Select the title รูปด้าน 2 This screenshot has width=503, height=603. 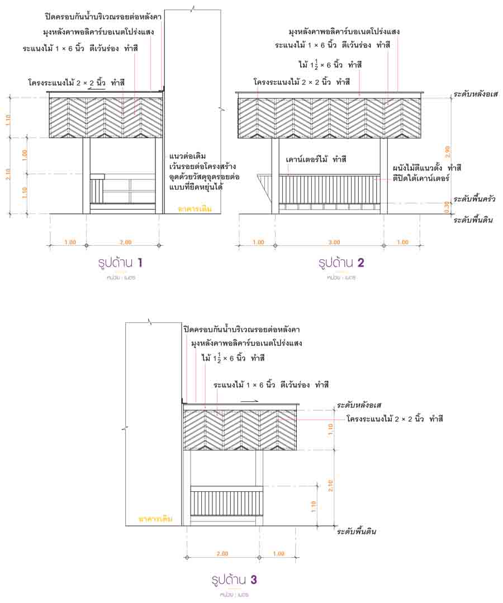click(x=341, y=263)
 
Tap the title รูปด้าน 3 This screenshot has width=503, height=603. click(x=234, y=580)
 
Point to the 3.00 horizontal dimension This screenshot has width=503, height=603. click(x=334, y=242)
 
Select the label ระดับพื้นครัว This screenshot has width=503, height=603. click(x=474, y=199)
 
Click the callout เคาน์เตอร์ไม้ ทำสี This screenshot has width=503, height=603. click(x=316, y=160)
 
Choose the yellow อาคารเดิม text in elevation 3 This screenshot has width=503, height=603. click(x=155, y=519)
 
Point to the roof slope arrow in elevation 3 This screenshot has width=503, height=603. click(x=250, y=401)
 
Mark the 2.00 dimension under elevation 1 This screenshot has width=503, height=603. click(x=125, y=242)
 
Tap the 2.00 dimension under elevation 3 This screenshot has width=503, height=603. click(x=222, y=554)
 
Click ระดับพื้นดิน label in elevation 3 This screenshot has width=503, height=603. click(x=356, y=531)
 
